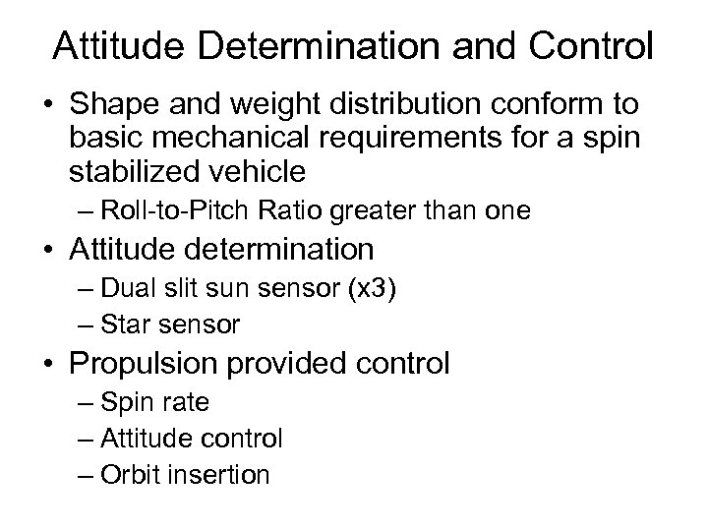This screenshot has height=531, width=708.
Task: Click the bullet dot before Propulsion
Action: [54, 365]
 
